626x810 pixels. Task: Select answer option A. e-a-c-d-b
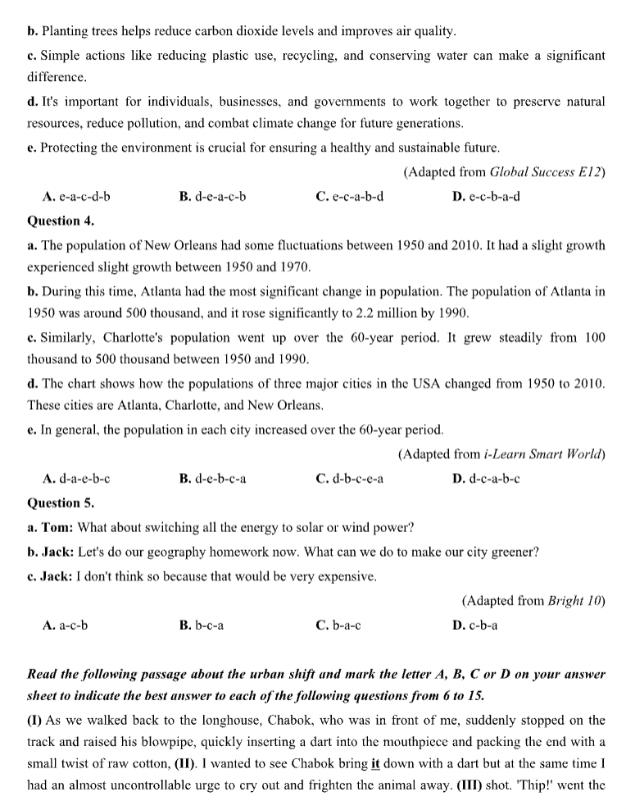(x=76, y=197)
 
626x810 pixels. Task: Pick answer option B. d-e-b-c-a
(x=212, y=479)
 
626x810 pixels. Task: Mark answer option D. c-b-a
(x=474, y=626)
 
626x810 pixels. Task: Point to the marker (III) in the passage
(x=433, y=789)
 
